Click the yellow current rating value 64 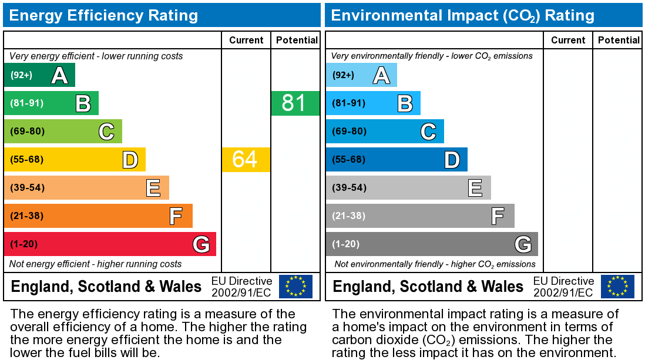(x=246, y=160)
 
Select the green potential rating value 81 (x=294, y=103)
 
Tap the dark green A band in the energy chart (x=39, y=75)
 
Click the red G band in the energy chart (x=110, y=244)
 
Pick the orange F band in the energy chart (x=98, y=216)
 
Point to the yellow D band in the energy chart (x=75, y=160)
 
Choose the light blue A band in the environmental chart (x=361, y=75)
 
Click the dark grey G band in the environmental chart (x=432, y=244)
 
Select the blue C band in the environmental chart (x=385, y=132)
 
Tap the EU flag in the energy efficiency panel (x=295, y=287)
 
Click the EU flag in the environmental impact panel (x=617, y=287)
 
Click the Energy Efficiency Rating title (x=103, y=15)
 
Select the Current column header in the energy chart (x=246, y=40)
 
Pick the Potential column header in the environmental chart (x=618, y=40)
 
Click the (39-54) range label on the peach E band (x=27, y=188)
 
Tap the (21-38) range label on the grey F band (x=349, y=216)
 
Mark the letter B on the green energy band (x=83, y=104)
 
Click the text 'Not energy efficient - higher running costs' (x=96, y=264)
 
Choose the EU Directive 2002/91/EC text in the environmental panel (x=563, y=287)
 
